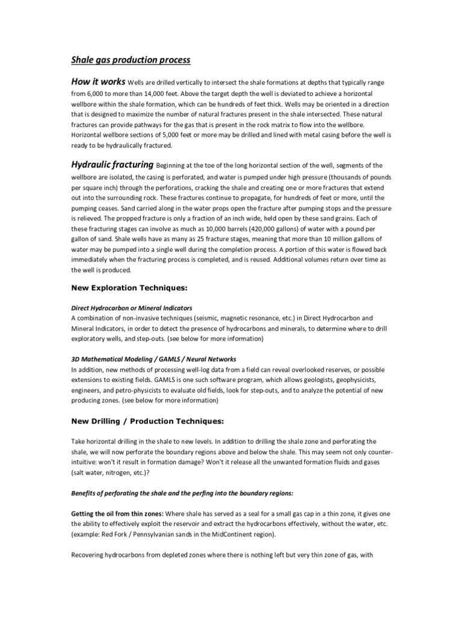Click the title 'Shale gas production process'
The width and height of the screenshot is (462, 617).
click(131, 60)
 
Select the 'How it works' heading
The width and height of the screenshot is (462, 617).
click(99, 81)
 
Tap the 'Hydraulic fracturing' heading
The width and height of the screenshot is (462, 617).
click(112, 164)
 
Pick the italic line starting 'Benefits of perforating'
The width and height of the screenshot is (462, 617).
click(182, 493)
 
